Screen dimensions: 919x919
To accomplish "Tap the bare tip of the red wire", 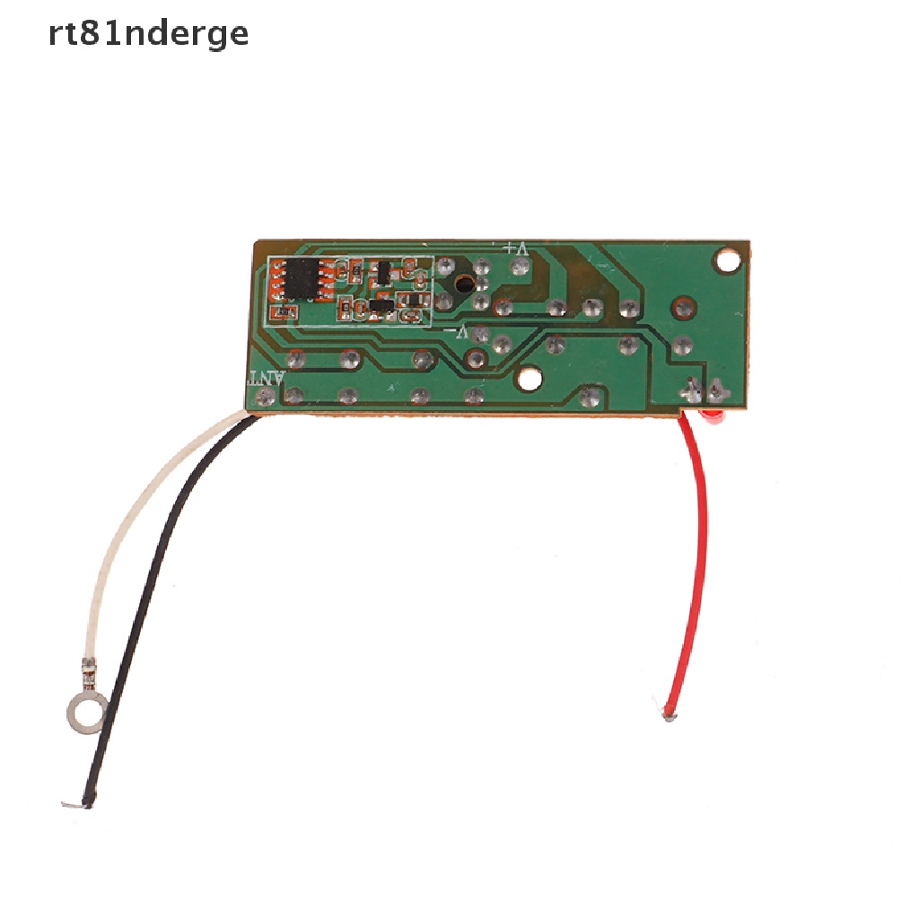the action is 669,715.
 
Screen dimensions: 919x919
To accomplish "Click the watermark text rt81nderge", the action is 148,33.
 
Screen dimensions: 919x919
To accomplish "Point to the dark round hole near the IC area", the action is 462,283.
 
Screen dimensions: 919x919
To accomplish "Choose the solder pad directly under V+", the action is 517,267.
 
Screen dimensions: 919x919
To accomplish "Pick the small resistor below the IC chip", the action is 287,311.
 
